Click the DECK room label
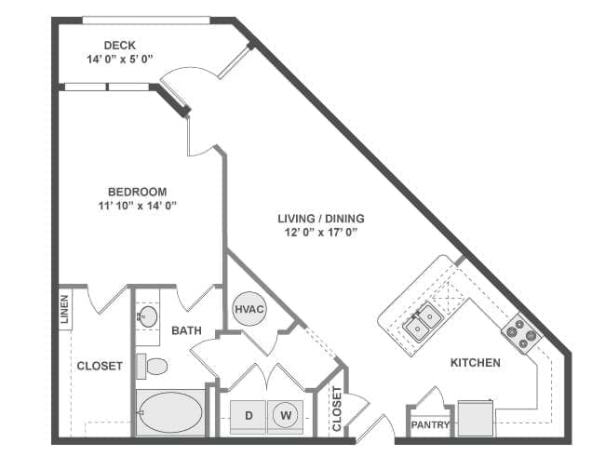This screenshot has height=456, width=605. click(121, 45)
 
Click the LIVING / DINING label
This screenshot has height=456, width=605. click(321, 219)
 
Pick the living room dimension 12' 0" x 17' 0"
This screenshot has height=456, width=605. click(321, 233)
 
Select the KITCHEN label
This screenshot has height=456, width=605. click(476, 362)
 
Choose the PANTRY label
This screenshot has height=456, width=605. click(431, 426)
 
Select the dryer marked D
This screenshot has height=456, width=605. click(248, 414)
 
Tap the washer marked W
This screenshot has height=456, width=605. click(288, 414)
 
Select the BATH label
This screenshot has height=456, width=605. click(186, 330)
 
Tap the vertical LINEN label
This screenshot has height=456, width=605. click(64, 309)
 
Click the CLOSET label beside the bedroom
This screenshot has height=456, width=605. click(100, 366)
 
